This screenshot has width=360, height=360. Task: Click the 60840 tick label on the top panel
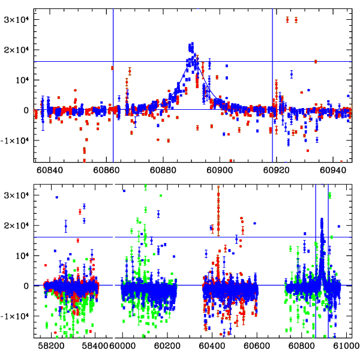point(50,170)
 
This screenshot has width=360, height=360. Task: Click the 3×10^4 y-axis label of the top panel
point(17,19)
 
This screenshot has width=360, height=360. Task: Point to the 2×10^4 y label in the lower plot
point(17,225)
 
